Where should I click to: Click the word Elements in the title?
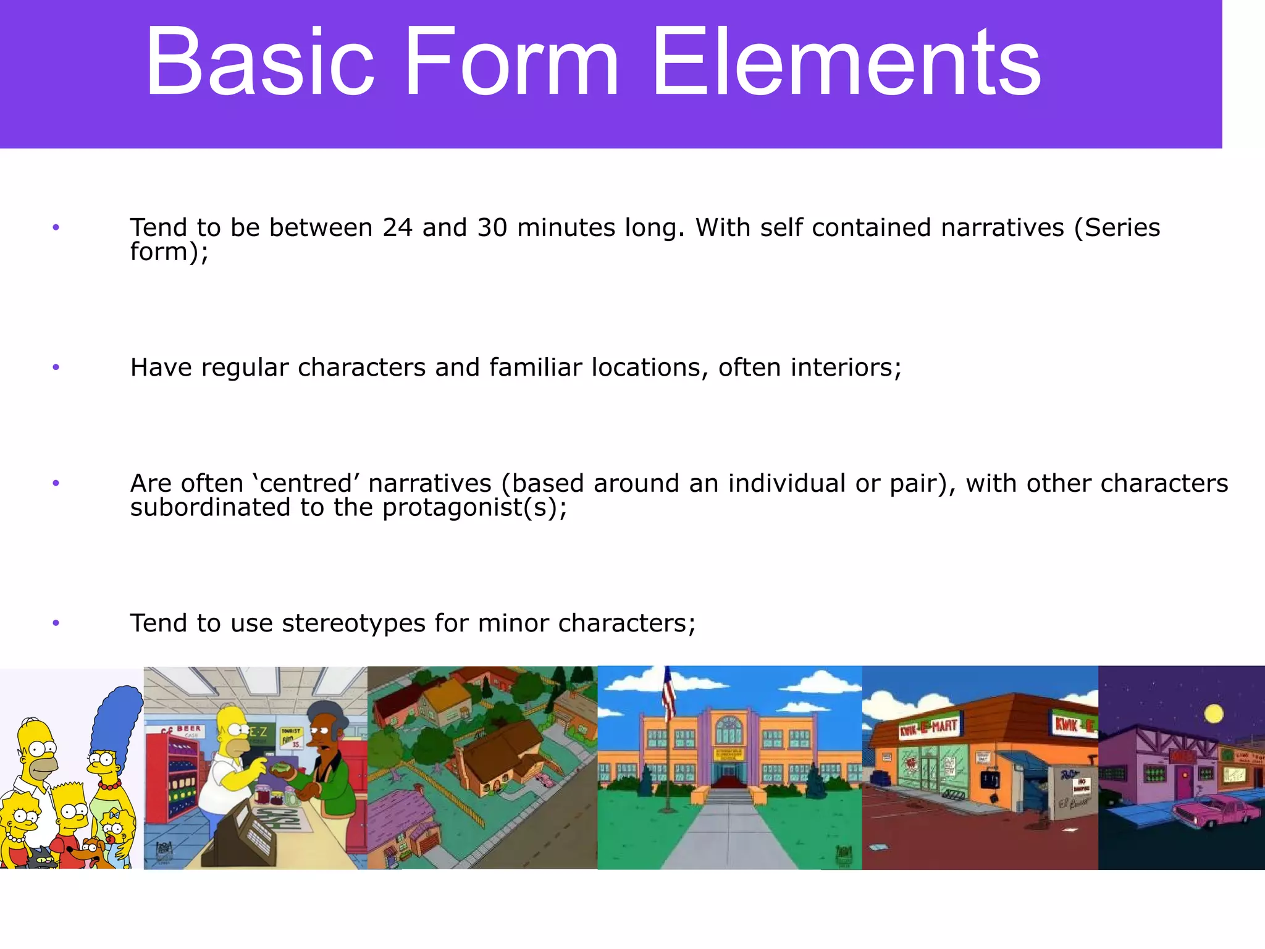click(x=846, y=62)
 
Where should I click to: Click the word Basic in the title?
click(x=259, y=62)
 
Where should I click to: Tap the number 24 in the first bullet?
click(x=397, y=228)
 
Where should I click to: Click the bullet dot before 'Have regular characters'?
click(x=56, y=368)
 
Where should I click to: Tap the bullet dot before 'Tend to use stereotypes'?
click(x=56, y=623)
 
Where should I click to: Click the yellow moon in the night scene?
click(x=1214, y=714)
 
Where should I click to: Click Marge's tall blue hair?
click(x=117, y=717)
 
